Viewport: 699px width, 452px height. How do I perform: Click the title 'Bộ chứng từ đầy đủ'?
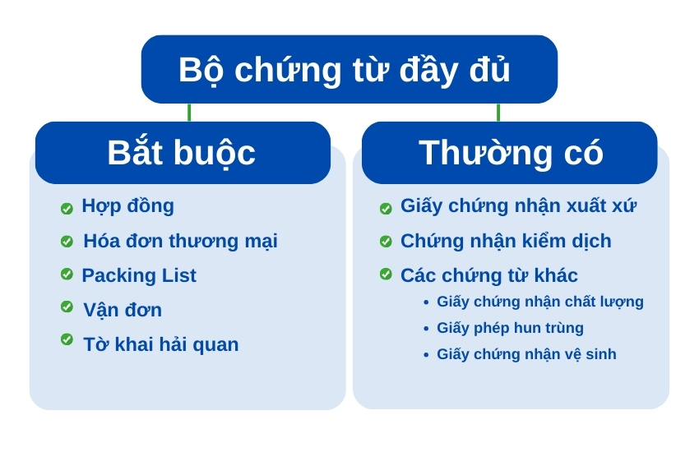344,70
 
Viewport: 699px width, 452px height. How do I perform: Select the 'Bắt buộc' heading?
181,154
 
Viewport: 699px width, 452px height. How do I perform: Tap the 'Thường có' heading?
511,153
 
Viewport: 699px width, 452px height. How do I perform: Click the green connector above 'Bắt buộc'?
189,113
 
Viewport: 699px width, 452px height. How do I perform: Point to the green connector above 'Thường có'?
498,113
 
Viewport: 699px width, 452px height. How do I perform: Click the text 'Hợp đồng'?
128,206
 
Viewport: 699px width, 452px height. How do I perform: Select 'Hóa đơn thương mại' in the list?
181,242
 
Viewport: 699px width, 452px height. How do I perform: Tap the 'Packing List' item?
139,275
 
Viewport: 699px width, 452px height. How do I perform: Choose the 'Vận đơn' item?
123,310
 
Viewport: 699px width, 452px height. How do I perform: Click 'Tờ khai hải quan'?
161,344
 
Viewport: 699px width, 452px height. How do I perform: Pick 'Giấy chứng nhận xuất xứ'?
518,206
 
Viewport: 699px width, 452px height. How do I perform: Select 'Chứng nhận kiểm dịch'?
506,242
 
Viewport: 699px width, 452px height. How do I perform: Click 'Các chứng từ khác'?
489,275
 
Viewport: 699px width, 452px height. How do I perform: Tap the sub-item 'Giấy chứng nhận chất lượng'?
540,302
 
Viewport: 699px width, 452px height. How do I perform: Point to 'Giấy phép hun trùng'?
510,328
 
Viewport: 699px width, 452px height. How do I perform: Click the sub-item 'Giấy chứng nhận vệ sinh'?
526,354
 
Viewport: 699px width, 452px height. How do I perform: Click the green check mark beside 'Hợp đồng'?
67,209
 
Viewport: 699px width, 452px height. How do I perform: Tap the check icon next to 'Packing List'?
67,274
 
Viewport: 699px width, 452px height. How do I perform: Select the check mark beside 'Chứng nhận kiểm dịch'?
386,242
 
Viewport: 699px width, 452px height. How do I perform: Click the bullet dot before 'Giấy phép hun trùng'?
426,329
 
